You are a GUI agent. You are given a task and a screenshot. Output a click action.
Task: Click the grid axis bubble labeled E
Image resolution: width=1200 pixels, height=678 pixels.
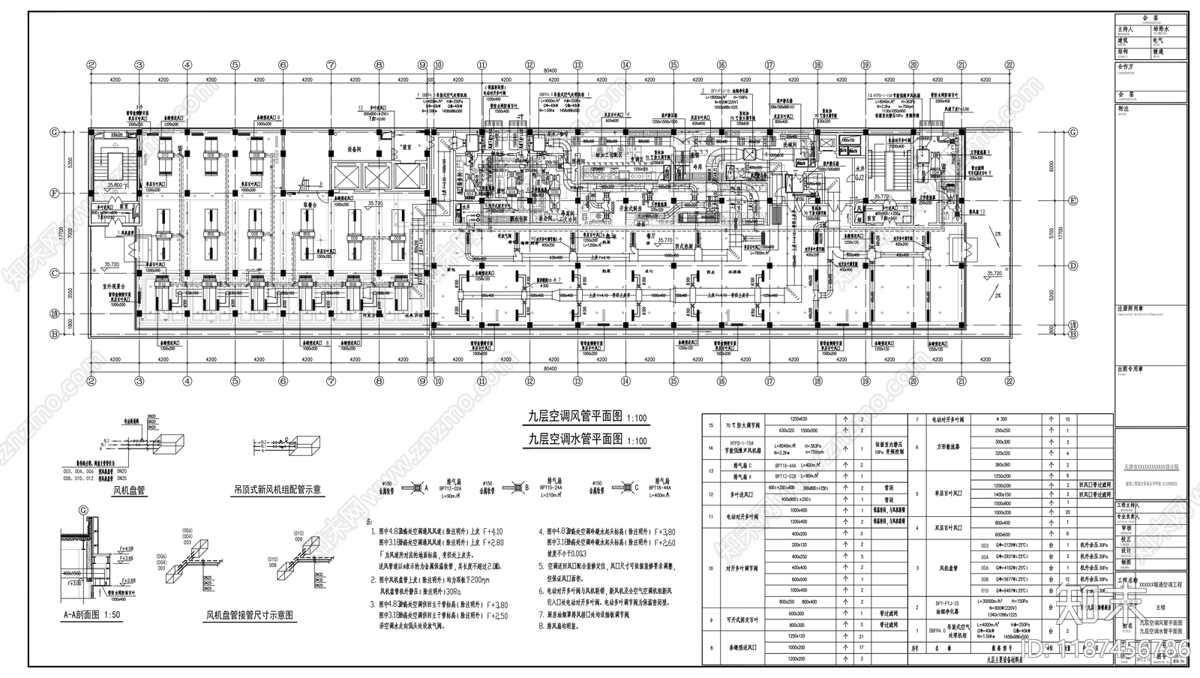1073,200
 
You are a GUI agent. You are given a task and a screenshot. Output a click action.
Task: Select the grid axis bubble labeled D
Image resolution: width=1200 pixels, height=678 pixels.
1073,265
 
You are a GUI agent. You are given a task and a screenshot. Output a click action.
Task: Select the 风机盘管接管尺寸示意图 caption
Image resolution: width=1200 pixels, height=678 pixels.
250,615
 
